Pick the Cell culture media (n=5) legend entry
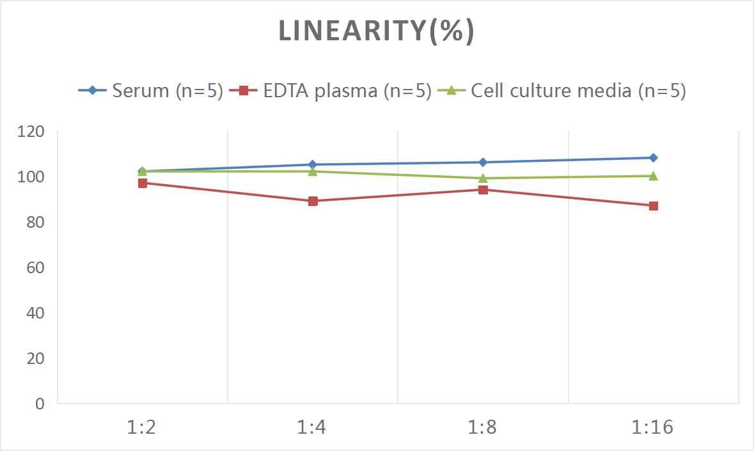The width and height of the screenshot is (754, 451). pos(563,91)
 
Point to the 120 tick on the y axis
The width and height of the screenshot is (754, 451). pos(31,132)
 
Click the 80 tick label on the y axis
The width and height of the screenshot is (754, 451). pos(35,223)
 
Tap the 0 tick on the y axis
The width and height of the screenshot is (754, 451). pos(40,404)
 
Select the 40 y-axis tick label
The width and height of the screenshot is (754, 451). pos(35,313)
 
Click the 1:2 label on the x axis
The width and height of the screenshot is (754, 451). pos(142,427)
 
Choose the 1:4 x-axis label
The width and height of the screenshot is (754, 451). pos(312,427)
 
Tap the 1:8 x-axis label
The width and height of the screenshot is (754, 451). pos(483,427)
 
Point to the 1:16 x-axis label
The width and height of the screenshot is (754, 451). pos(653,427)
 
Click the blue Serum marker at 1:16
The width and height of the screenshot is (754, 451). pos(653,158)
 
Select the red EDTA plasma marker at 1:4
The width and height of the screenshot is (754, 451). pos(313,201)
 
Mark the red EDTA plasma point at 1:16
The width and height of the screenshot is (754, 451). pos(653,206)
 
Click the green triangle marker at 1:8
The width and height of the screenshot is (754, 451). pos(483,178)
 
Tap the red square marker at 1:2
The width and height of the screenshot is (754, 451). pos(143,183)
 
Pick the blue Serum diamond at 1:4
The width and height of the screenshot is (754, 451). pos(313,164)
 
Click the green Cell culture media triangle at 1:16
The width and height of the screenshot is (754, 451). pos(653,176)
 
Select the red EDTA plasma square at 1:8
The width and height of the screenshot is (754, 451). pos(483,190)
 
